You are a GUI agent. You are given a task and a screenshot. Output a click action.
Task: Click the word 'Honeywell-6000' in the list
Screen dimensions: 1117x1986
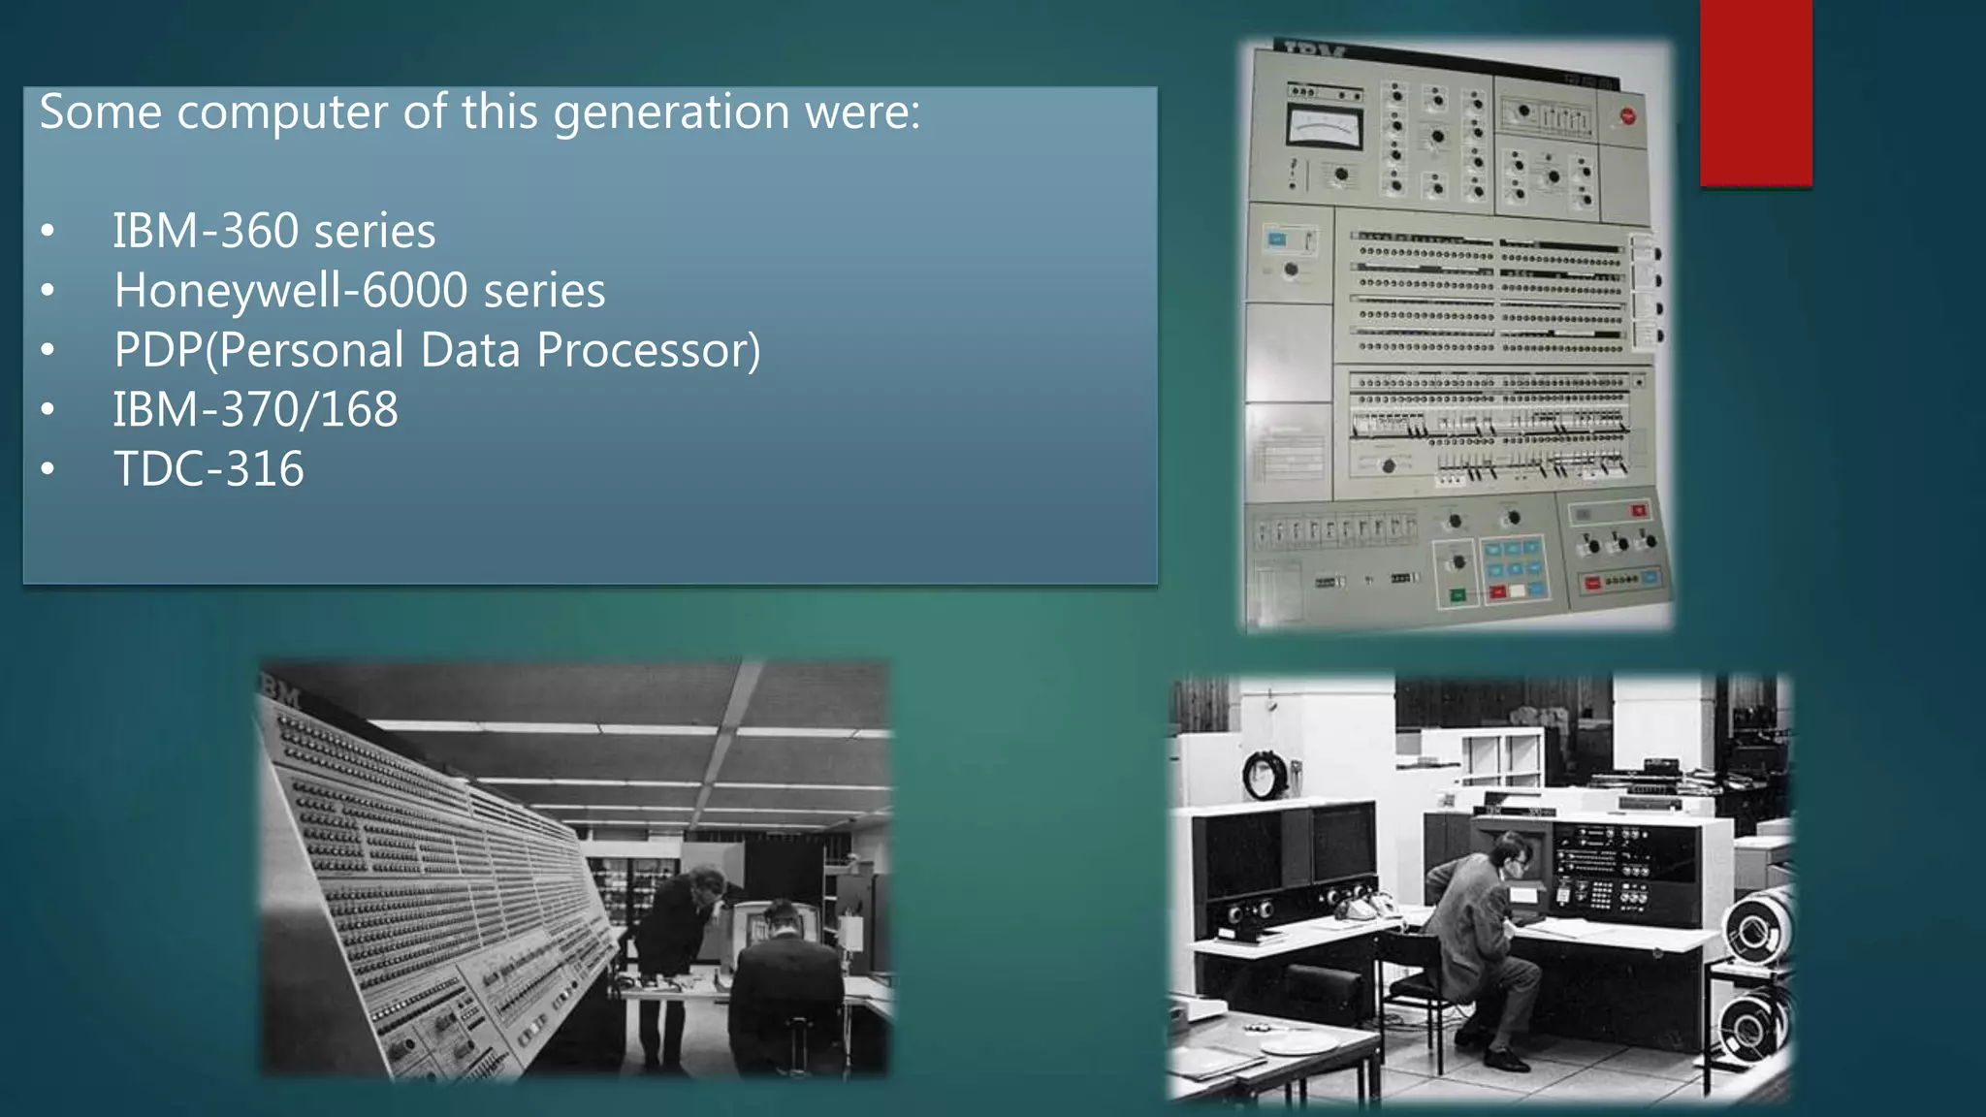click(x=290, y=291)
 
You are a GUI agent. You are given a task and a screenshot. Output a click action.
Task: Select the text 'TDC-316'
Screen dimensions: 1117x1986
click(x=208, y=469)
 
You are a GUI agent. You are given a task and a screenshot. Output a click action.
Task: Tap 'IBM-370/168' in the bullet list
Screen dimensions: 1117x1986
click(x=255, y=410)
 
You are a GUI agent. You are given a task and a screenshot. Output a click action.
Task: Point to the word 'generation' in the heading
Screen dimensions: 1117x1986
click(x=671, y=112)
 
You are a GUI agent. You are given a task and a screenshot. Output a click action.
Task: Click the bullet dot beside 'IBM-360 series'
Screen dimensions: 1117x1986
click(x=48, y=232)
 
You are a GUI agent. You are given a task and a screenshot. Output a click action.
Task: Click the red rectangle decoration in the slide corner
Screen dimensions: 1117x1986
click(x=1755, y=92)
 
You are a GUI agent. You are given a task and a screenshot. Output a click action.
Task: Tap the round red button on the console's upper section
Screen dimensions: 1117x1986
click(x=1627, y=116)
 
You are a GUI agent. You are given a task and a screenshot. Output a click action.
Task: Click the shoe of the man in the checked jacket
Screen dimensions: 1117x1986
click(x=1507, y=1060)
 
